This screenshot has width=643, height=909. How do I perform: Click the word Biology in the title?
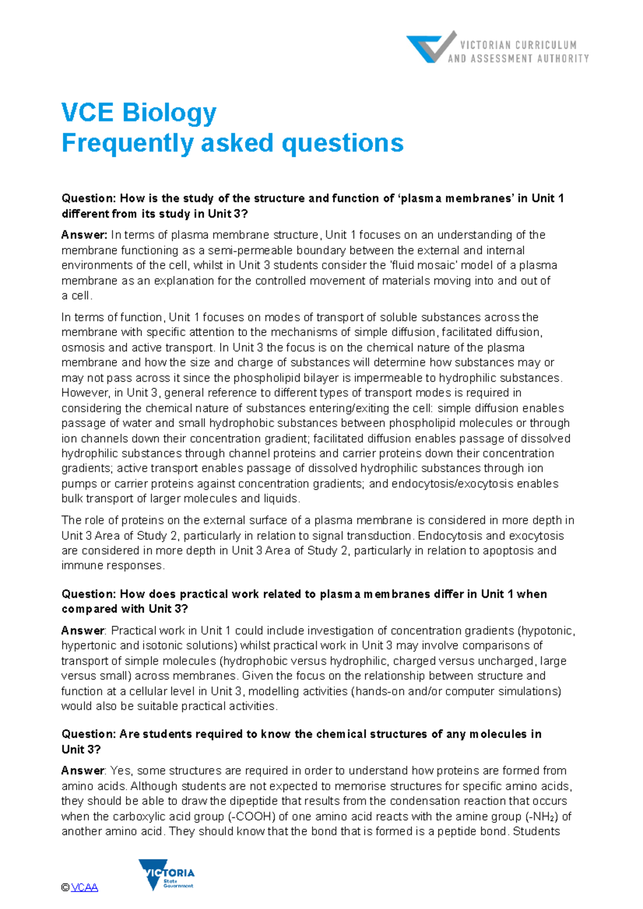tap(169, 113)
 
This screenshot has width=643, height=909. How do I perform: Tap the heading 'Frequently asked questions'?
tap(233, 143)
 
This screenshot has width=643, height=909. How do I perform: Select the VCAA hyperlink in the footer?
tap(85, 888)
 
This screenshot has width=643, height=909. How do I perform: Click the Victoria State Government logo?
tap(167, 875)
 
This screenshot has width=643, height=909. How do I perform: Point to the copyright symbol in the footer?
tap(65, 888)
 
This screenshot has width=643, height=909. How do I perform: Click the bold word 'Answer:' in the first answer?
tap(84, 235)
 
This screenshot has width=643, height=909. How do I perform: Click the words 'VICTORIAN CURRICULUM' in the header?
tap(518, 45)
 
